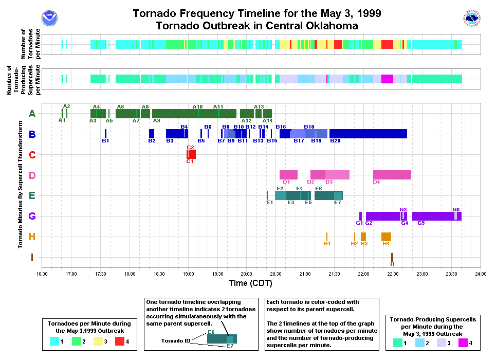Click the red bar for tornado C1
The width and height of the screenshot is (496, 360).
[191, 154]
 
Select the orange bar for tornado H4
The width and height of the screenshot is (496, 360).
[386, 237]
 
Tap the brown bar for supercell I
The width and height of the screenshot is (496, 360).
[392, 257]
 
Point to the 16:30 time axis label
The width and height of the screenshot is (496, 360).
[42, 274]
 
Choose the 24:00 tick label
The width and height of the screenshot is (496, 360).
[481, 274]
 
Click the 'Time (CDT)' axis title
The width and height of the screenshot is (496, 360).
[250, 283]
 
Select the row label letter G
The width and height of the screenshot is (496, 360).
[32, 217]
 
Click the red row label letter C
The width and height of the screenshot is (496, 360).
[32, 155]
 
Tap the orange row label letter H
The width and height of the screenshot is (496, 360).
[32, 237]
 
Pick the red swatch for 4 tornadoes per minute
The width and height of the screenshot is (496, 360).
[120, 341]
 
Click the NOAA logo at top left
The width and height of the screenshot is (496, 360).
[50, 18]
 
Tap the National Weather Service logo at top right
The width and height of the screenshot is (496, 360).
[472, 18]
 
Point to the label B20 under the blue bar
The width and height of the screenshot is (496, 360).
[335, 141]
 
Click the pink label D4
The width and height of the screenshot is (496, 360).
[376, 182]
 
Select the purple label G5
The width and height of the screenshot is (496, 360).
[421, 223]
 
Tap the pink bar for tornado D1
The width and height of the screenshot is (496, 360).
[288, 175]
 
